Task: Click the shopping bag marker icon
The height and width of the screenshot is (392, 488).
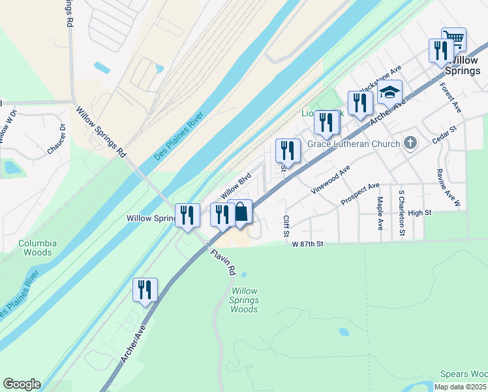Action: (x=241, y=212)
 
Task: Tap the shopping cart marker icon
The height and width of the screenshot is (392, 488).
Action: (x=453, y=39)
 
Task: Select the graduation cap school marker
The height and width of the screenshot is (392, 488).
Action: (x=390, y=93)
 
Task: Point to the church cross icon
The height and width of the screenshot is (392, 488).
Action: (x=410, y=142)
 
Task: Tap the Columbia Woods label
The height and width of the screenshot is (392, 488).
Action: (x=37, y=248)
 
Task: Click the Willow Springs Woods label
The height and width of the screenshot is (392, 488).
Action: (x=245, y=300)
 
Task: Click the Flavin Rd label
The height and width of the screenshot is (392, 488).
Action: (x=222, y=261)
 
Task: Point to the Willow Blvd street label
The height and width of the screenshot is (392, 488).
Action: (x=236, y=186)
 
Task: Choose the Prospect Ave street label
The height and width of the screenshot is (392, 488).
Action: (x=360, y=194)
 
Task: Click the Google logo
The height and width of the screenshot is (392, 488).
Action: (x=22, y=384)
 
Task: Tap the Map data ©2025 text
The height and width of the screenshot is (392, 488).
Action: (x=460, y=387)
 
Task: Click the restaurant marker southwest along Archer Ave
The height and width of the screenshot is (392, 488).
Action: (x=145, y=289)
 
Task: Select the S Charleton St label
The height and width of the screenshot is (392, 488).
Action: (x=402, y=214)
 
